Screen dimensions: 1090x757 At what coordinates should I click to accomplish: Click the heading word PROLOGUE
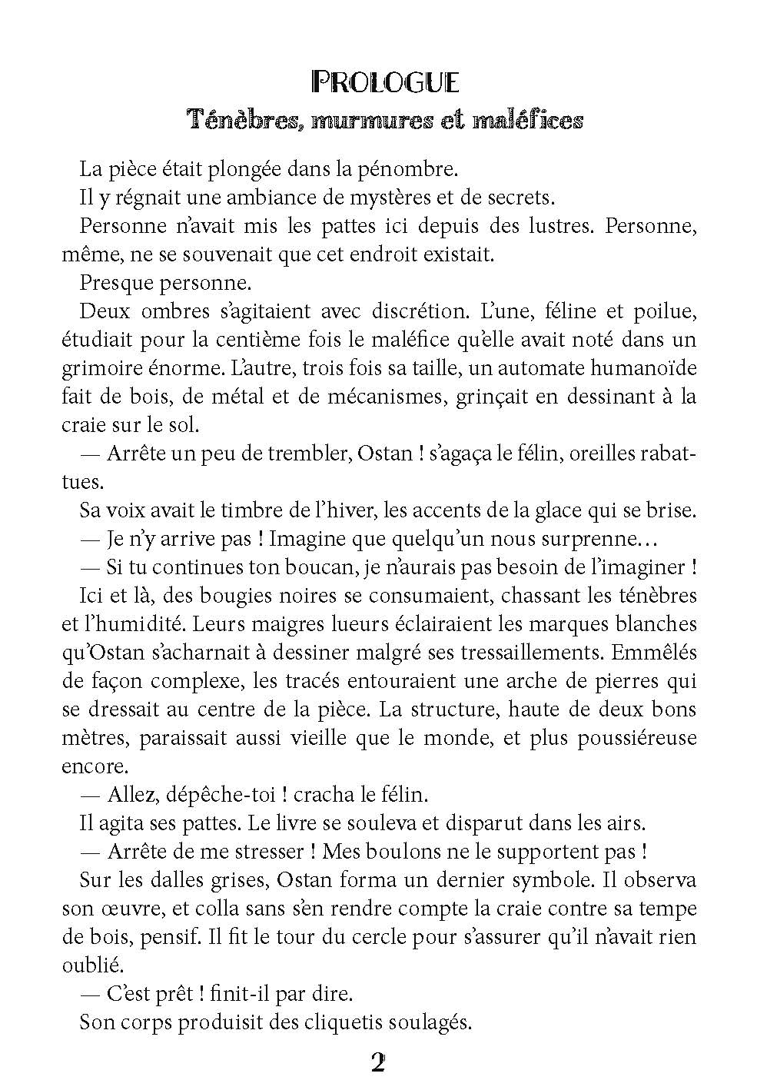(x=385, y=81)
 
